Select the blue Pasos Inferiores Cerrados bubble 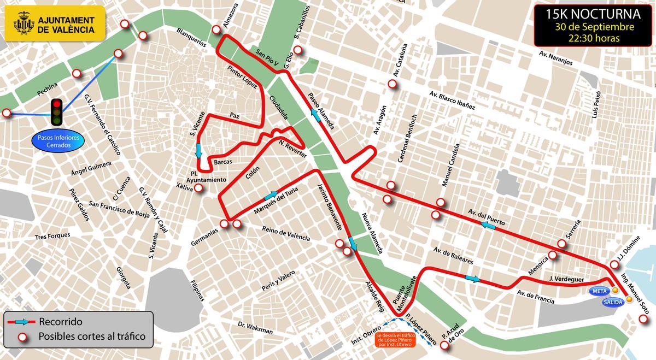[x=58, y=141]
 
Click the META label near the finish [x=600, y=291]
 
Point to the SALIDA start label [x=613, y=301]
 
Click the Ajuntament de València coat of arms [x=23, y=24]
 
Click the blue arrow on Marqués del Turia [x=271, y=196]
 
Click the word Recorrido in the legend [x=61, y=322]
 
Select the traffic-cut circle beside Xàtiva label [x=199, y=188]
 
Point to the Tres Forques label [x=52, y=236]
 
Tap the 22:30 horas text [x=594, y=38]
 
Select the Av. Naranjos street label [x=555, y=58]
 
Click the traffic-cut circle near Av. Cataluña [x=392, y=84]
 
